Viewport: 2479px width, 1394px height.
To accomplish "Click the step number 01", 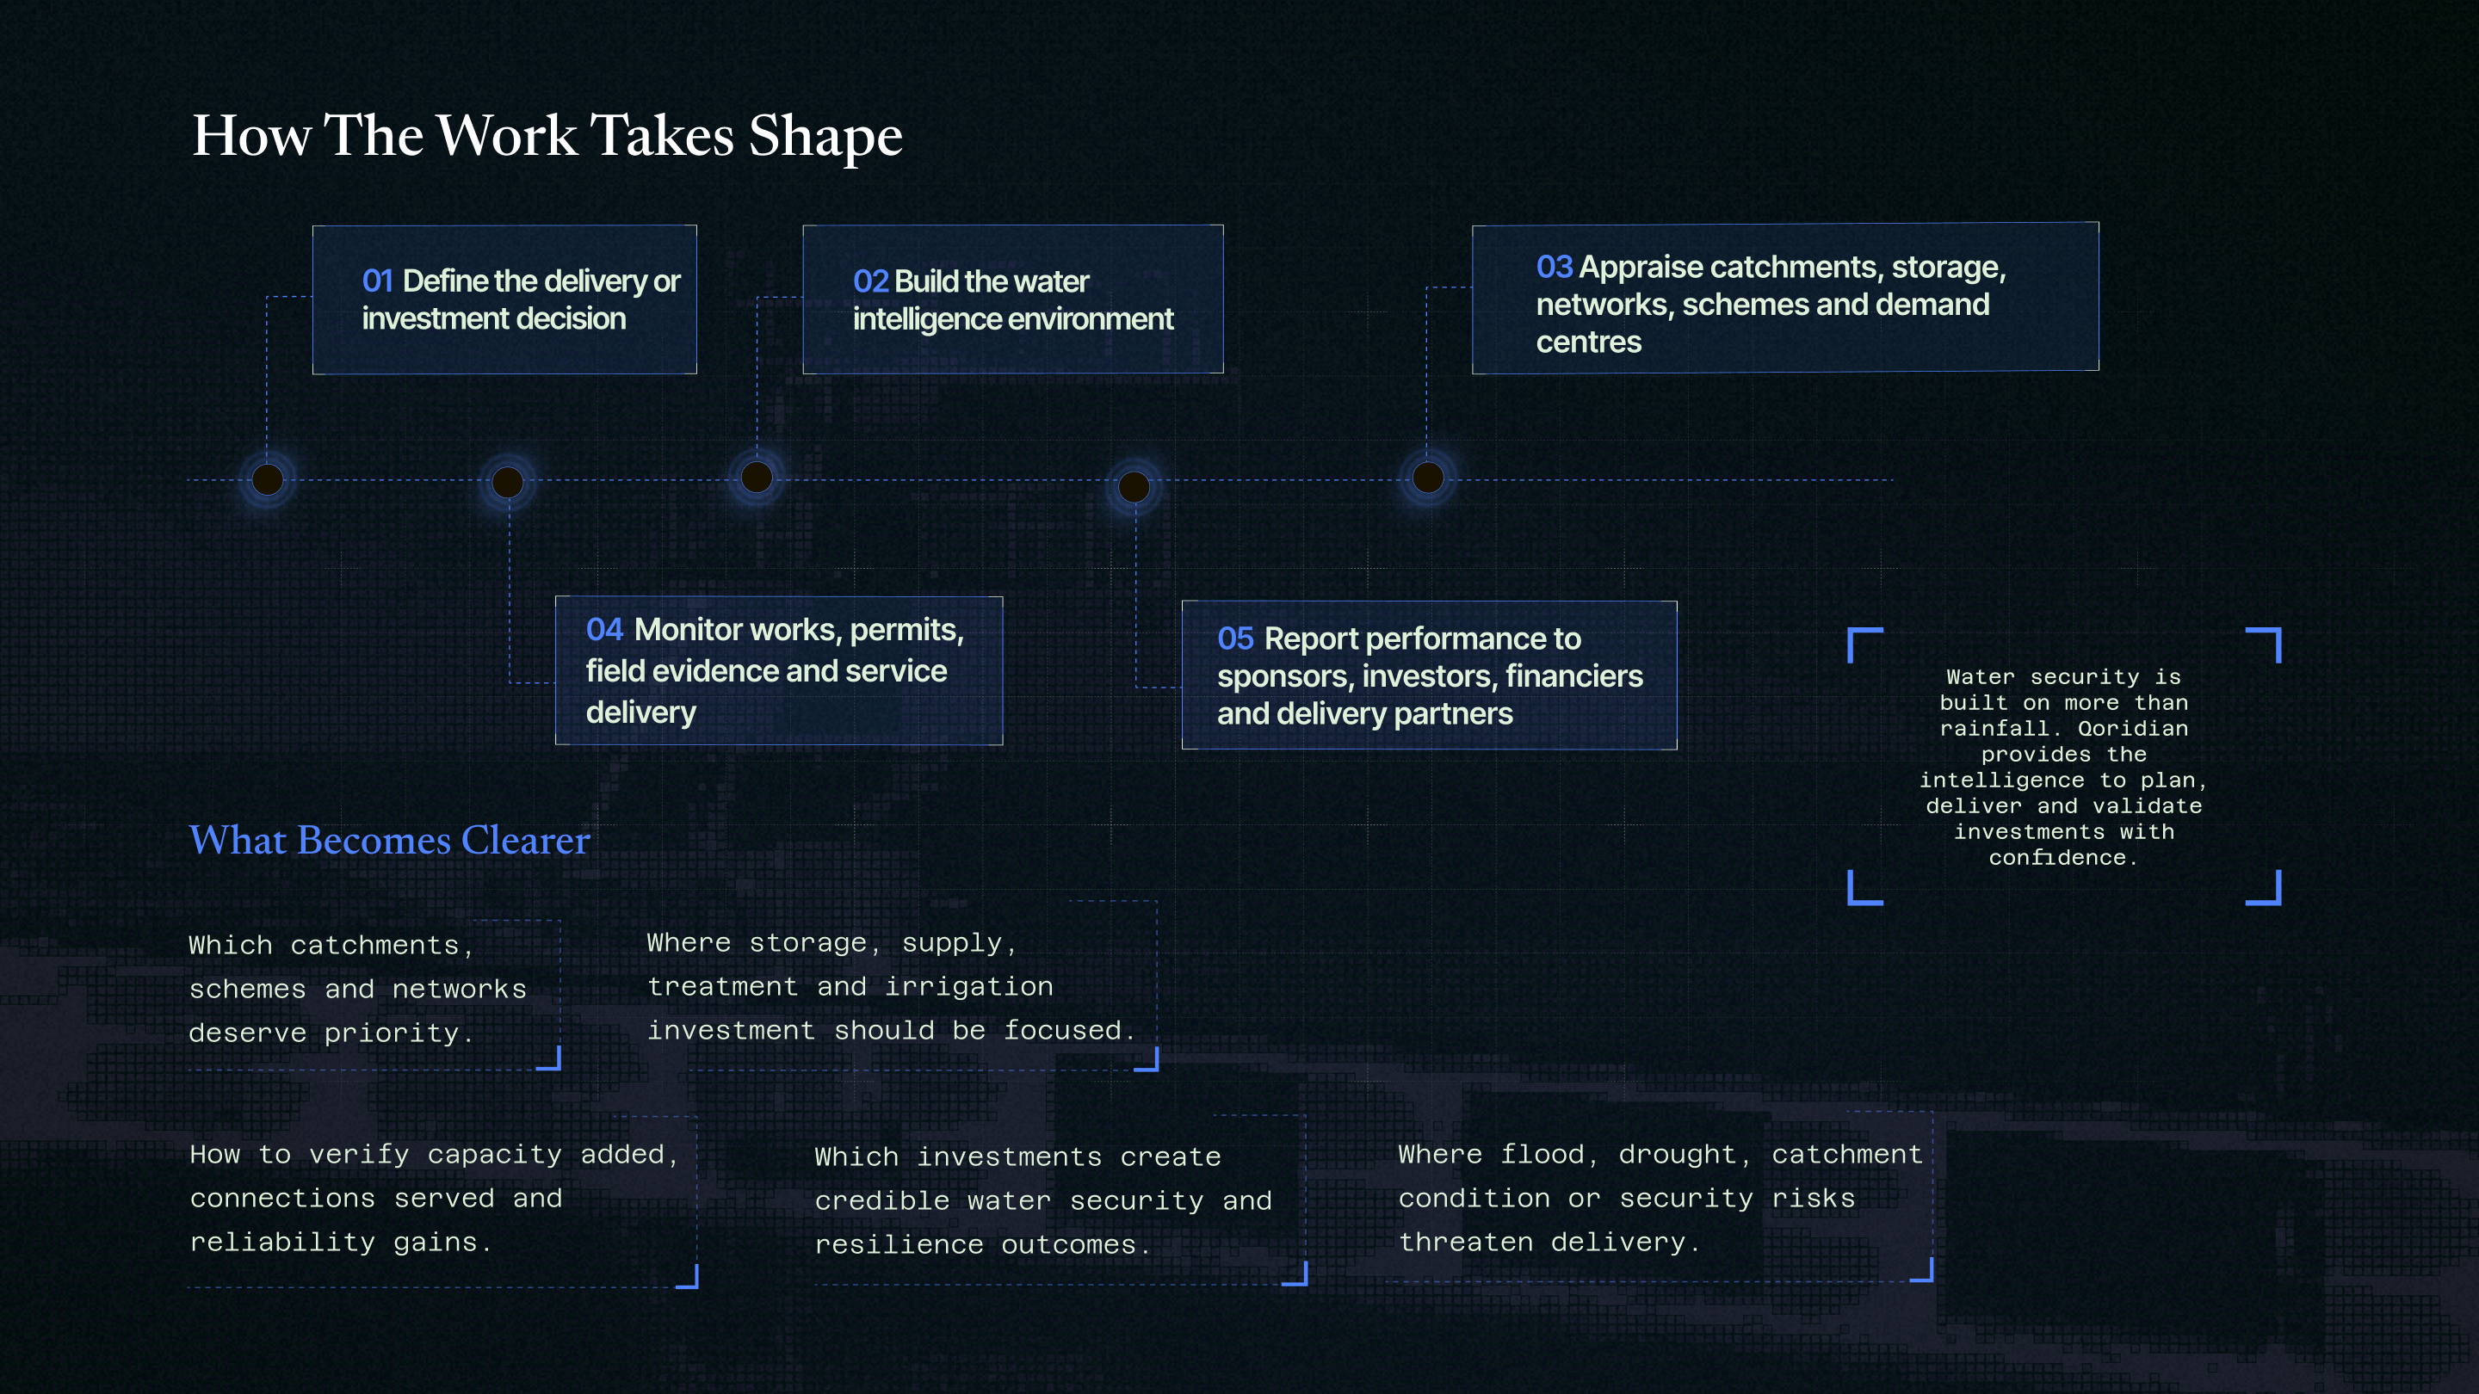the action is pos(377,281).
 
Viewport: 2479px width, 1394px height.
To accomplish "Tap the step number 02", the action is pos(870,281).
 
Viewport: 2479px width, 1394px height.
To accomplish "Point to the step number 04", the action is pos(604,629).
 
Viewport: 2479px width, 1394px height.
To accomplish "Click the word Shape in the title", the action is pos(825,137).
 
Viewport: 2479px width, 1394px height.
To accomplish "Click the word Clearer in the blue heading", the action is pos(525,840).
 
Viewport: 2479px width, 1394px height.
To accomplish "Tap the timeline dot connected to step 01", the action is pos(268,479).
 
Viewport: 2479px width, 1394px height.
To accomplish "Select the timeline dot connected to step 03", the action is pos(1428,478).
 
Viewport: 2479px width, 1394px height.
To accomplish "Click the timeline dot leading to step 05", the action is pos(1134,487).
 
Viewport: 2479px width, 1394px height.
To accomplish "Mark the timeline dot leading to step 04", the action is pos(508,482).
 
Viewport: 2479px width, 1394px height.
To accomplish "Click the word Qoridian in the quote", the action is pos(2133,728).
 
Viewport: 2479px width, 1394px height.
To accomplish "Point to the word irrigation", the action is pos(969,986).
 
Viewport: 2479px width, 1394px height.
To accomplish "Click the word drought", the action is pos(1677,1155).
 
